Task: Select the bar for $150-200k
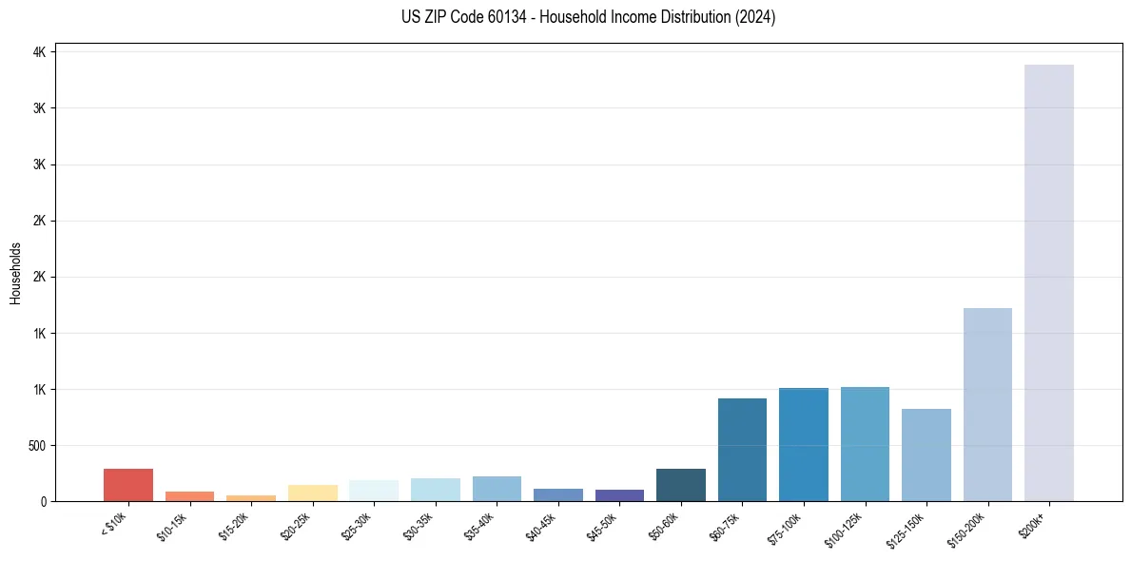(987, 404)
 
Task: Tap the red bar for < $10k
(128, 485)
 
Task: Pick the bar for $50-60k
(680, 485)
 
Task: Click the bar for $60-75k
(742, 450)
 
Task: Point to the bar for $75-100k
(803, 444)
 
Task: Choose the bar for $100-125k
(865, 444)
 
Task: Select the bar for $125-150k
(926, 455)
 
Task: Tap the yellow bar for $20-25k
(312, 493)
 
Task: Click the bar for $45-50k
(619, 495)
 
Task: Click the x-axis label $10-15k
(172, 525)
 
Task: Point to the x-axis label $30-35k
(418, 525)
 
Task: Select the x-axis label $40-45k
(540, 525)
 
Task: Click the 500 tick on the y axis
(38, 445)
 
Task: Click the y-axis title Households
(15, 273)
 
